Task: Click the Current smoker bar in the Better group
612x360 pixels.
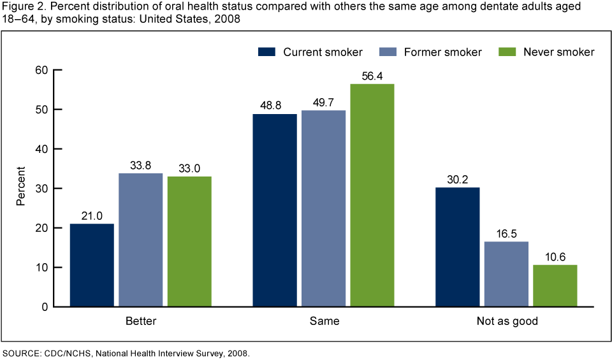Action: (x=92, y=265)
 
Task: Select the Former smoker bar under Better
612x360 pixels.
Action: (x=141, y=240)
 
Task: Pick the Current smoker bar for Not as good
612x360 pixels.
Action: (x=458, y=247)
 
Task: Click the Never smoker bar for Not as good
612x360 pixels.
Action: (x=555, y=285)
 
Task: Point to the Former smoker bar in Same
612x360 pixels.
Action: (x=324, y=208)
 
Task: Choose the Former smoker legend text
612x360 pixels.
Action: (x=442, y=52)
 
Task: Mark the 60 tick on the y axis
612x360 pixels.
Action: (x=42, y=70)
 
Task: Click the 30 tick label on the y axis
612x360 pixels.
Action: (x=42, y=189)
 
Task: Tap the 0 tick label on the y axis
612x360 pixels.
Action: (x=45, y=307)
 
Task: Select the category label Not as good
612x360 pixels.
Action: (x=507, y=321)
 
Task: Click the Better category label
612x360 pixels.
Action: (x=141, y=321)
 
